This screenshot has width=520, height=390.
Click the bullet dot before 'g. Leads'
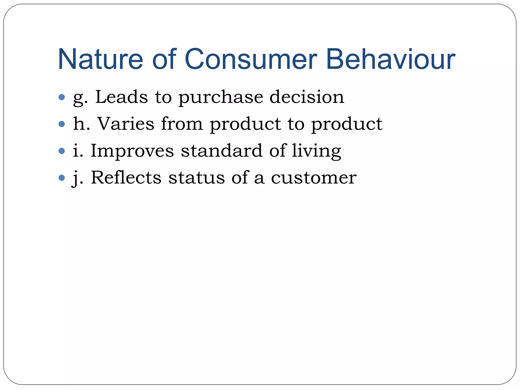coord(62,97)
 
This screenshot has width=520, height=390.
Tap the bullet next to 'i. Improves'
coord(62,151)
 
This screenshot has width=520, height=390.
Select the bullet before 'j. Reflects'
coord(62,178)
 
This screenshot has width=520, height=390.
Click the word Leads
coord(121,97)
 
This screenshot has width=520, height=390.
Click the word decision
coord(307,97)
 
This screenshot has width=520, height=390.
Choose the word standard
coord(221,151)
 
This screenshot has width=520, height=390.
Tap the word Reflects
coord(126,177)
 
